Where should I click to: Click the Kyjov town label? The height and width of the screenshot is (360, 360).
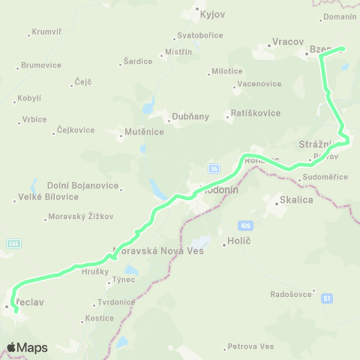click(x=208, y=14)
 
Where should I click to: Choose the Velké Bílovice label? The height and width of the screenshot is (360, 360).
click(x=47, y=197)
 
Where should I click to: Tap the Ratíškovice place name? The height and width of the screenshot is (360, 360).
click(x=255, y=113)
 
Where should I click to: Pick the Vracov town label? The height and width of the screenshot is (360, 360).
click(x=288, y=42)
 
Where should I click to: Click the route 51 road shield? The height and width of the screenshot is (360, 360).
click(x=327, y=298)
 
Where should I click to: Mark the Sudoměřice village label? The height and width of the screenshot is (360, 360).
click(x=324, y=177)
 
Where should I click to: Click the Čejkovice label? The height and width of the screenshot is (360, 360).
click(x=76, y=130)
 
